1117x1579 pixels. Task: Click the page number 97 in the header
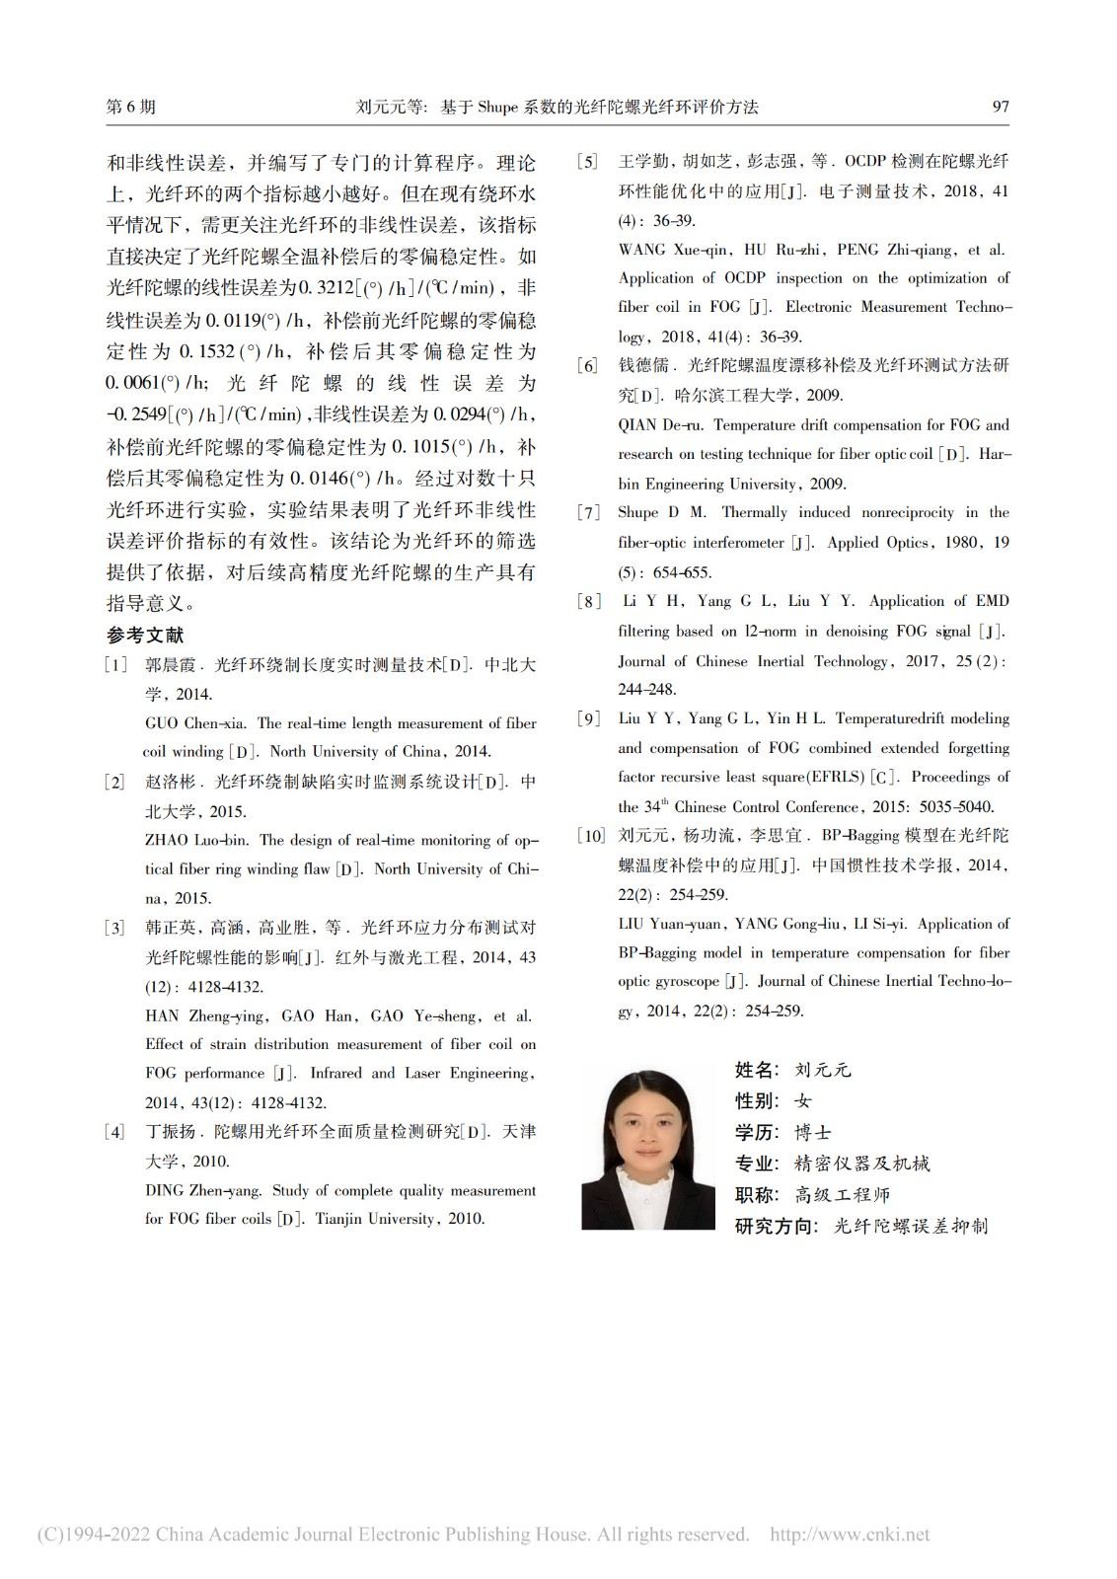[1000, 107]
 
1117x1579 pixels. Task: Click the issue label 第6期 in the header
[130, 107]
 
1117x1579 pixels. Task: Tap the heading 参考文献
[145, 636]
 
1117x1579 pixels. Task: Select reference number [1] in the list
[116, 665]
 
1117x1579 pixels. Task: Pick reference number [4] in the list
[116, 1132]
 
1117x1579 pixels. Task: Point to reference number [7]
[589, 513]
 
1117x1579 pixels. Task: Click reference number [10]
[591, 836]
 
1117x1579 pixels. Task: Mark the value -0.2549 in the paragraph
[136, 414]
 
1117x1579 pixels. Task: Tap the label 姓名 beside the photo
[757, 1070]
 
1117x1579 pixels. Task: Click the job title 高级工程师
[843, 1195]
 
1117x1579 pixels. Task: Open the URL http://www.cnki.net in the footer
[849, 1535]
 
